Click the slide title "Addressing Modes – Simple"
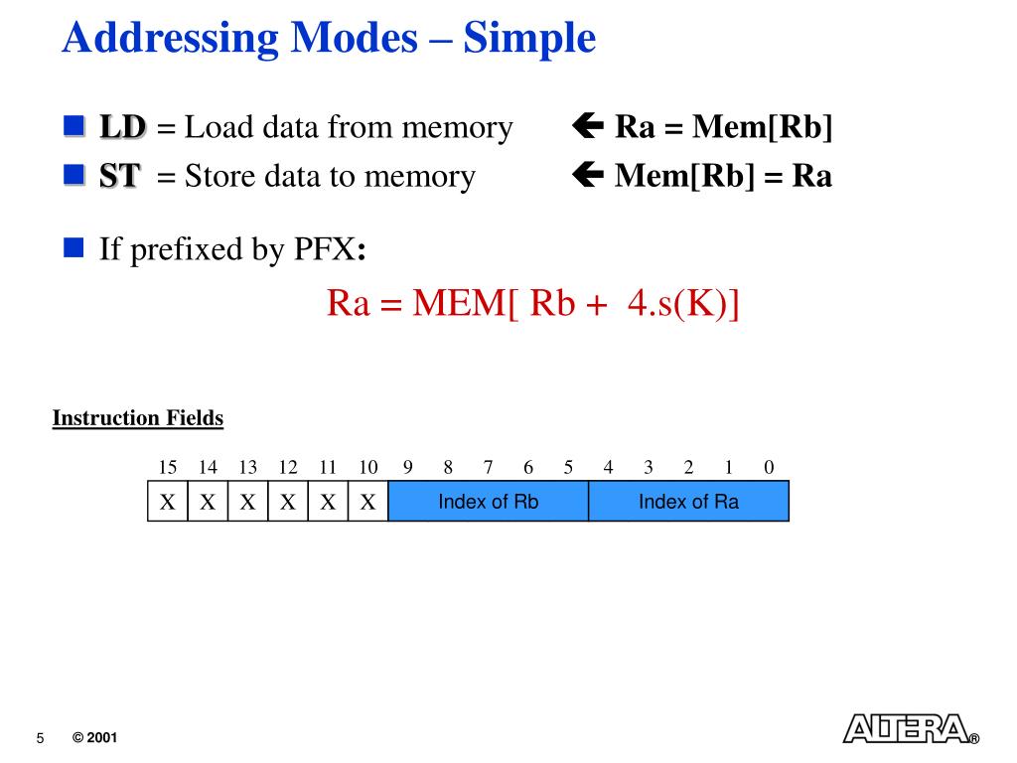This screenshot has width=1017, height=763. coord(329,39)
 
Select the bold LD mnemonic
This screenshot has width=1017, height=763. coord(122,127)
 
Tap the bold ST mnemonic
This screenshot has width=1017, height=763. coord(119,177)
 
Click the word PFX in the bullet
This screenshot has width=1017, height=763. coord(324,248)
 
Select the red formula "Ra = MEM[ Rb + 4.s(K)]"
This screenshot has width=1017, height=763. coord(533,303)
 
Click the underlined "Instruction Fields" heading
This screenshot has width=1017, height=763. coord(138,418)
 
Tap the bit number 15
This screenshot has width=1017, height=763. coord(168,468)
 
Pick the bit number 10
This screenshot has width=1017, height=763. coord(368,468)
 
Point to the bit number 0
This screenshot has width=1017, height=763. coord(769,468)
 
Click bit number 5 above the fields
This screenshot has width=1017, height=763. coord(568,468)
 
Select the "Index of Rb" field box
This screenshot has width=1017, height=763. coord(489,502)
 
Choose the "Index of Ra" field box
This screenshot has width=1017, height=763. coord(688,502)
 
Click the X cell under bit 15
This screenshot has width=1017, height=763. coord(168,502)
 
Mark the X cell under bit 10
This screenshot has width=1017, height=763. coord(368,502)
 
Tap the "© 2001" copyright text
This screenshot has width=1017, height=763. coord(95,738)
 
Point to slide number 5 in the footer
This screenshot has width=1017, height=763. coord(41,738)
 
